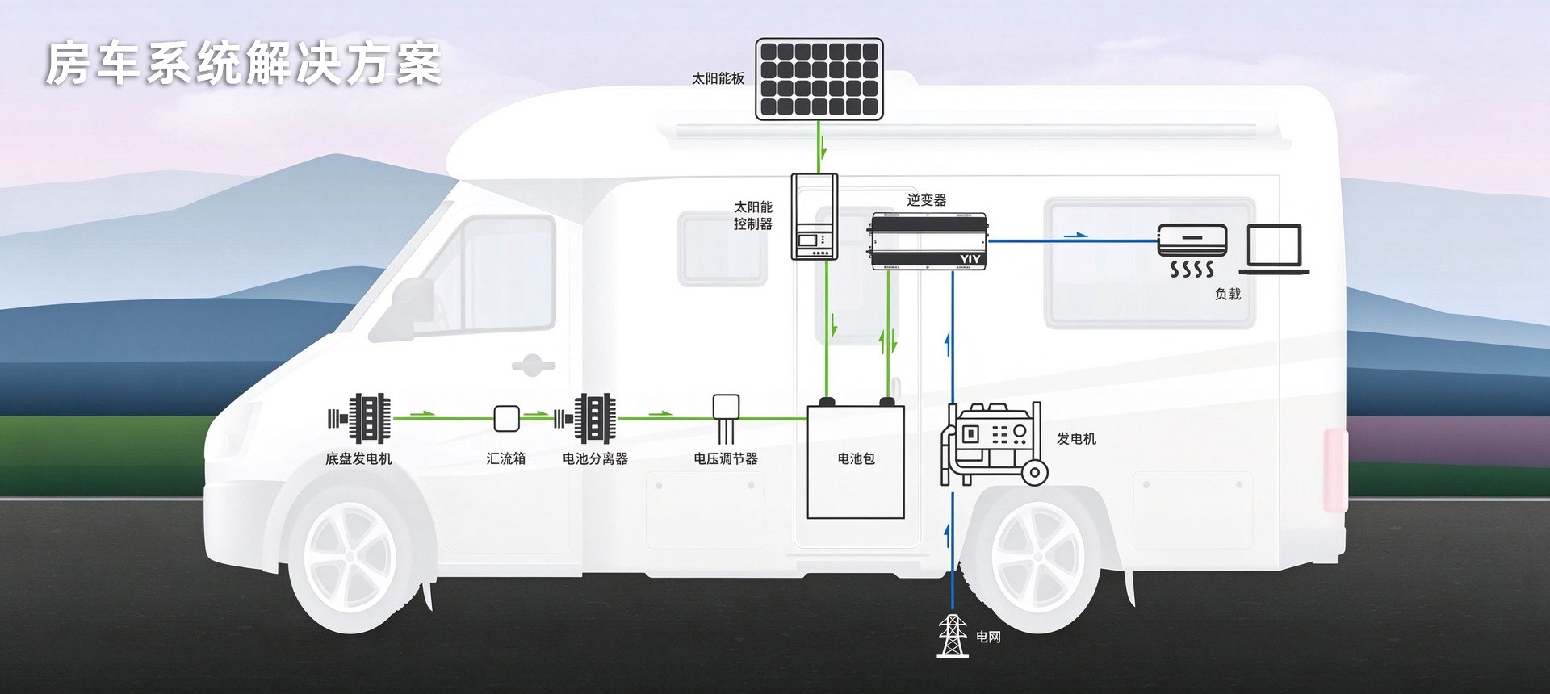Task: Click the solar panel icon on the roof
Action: (x=819, y=79)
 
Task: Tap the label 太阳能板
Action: (x=718, y=78)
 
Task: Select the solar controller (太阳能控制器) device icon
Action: (x=814, y=216)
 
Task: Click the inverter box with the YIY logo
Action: (x=928, y=240)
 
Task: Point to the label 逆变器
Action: (x=926, y=199)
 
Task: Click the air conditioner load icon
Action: (x=1192, y=250)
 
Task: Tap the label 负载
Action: (x=1228, y=294)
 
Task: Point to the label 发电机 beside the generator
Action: (x=1076, y=438)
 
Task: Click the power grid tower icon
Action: (x=953, y=636)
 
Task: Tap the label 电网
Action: (x=988, y=637)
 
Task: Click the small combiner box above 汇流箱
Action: (x=506, y=418)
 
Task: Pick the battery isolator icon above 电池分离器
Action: (x=585, y=418)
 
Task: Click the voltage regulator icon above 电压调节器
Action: (x=726, y=418)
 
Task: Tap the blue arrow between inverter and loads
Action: (x=1075, y=235)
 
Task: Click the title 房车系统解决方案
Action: (x=243, y=64)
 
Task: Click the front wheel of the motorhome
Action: (x=350, y=557)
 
